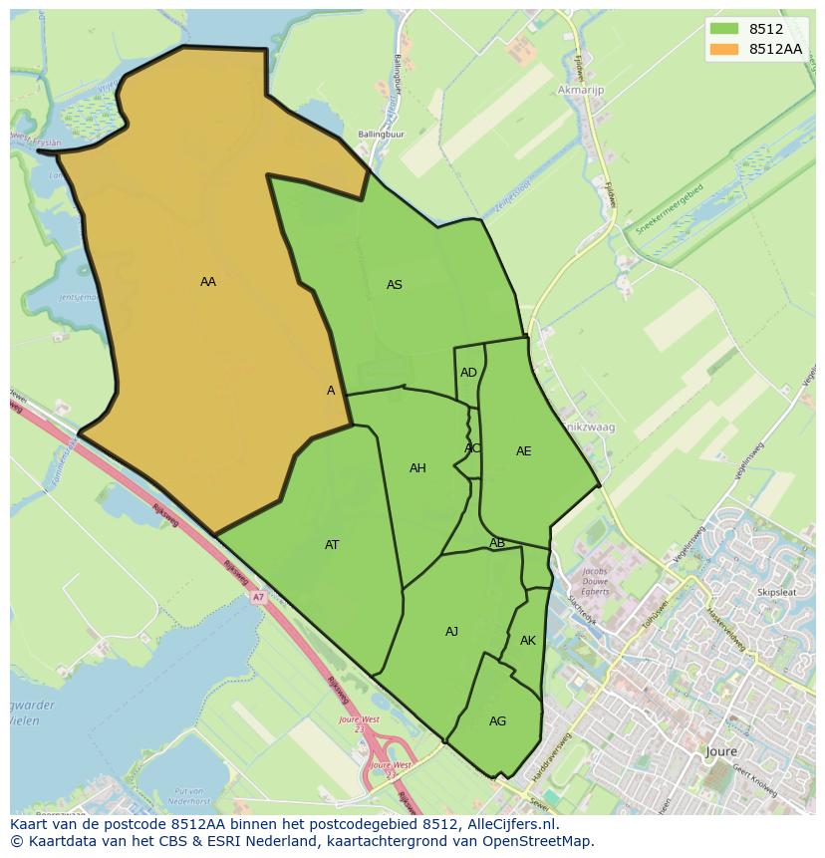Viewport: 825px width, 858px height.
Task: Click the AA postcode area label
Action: pyautogui.click(x=207, y=282)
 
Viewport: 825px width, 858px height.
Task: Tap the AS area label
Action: pyautogui.click(x=394, y=285)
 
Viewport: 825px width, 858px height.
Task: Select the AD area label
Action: pyautogui.click(x=468, y=373)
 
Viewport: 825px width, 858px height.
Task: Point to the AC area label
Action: pyautogui.click(x=472, y=448)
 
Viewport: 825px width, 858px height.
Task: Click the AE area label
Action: pyautogui.click(x=523, y=451)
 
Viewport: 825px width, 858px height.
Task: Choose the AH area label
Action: pyautogui.click(x=417, y=468)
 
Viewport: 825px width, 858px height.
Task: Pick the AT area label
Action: pyautogui.click(x=332, y=545)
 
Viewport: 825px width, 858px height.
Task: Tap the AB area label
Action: pyautogui.click(x=496, y=543)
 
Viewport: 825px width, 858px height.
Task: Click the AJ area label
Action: pyautogui.click(x=451, y=632)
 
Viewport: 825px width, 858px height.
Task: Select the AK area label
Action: pyautogui.click(x=527, y=641)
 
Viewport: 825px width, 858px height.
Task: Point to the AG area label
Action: pyautogui.click(x=497, y=721)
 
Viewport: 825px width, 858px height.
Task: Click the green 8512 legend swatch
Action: pyautogui.click(x=724, y=29)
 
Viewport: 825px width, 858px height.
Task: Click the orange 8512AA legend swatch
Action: pyautogui.click(x=724, y=49)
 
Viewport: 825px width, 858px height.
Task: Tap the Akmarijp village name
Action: pyautogui.click(x=582, y=90)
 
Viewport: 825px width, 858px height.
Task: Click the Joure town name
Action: pyautogui.click(x=719, y=751)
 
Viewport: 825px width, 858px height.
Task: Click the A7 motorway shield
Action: pyautogui.click(x=258, y=597)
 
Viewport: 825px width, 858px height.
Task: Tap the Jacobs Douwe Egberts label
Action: pyautogui.click(x=595, y=582)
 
